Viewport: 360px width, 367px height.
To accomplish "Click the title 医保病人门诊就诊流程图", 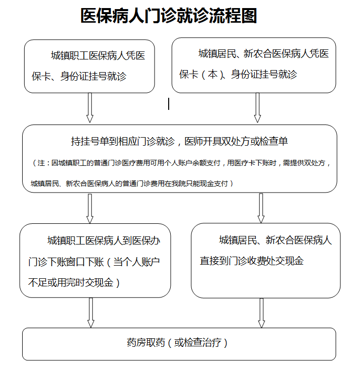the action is tap(169, 16).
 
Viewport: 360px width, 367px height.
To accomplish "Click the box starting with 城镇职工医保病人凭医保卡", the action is tap(89, 66).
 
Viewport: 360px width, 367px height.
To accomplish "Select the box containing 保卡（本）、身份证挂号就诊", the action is tap(254, 66).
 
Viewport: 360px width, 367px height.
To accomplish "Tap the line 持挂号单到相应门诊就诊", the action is tap(123, 141).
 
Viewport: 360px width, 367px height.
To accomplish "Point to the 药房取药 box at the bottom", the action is tap(179, 344).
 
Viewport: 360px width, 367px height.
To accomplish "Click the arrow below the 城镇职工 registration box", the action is tap(90, 108).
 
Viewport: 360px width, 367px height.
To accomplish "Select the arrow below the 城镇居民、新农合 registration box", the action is tap(257, 108).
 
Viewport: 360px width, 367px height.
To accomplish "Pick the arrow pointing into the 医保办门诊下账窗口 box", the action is tap(90, 208).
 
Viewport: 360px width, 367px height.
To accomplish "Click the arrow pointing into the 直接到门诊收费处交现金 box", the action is tap(261, 208).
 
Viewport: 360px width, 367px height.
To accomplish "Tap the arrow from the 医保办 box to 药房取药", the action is tap(91, 313).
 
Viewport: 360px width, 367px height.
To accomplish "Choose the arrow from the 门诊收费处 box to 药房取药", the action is tap(261, 313).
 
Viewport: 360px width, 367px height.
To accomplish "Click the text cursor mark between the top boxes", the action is tap(169, 104).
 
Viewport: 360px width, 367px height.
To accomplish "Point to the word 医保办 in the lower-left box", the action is tap(146, 240).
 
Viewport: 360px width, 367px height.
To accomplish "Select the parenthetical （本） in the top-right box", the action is tap(209, 75).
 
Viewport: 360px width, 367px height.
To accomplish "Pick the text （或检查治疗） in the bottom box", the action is tap(196, 343).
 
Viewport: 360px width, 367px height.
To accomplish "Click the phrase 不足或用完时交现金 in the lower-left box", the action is tap(70, 282).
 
